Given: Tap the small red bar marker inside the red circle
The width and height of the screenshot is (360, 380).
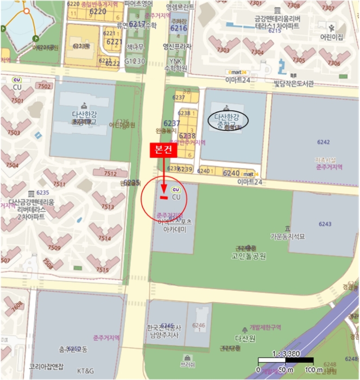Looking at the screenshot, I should (162, 199).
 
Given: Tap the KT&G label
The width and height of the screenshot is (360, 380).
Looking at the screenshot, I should (85, 371).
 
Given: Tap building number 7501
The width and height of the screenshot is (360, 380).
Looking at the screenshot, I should (17, 100).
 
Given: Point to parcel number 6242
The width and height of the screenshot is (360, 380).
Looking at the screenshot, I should (323, 142).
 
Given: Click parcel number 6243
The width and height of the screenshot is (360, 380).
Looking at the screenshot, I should (325, 224).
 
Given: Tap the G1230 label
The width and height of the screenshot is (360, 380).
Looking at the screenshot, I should (135, 61).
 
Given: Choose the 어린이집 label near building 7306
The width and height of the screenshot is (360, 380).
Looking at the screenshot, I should (331, 37).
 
